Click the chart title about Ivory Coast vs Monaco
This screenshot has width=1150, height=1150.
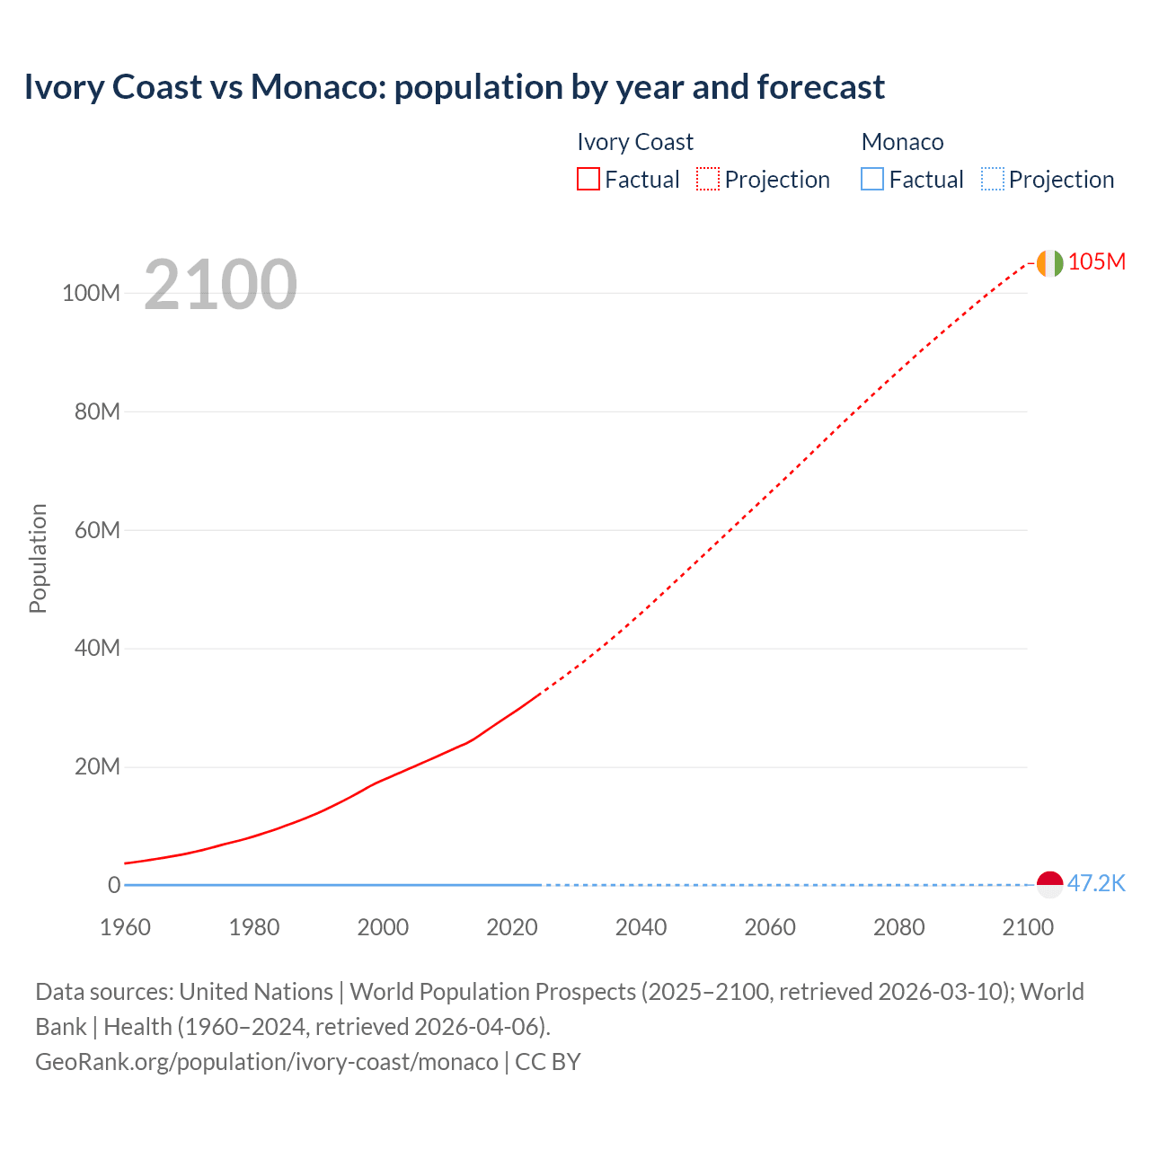tap(454, 87)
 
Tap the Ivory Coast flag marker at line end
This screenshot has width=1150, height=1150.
tap(1049, 263)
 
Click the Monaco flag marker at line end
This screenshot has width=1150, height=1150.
tap(1049, 884)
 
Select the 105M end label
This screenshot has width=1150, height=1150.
tap(1096, 261)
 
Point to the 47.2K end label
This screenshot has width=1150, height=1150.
tap(1096, 883)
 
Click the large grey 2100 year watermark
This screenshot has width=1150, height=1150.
tap(220, 285)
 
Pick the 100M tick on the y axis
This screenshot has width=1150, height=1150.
tap(91, 293)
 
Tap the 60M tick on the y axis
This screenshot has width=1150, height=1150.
tap(96, 530)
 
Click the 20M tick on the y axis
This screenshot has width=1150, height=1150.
tap(96, 766)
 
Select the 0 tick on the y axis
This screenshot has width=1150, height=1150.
tap(113, 885)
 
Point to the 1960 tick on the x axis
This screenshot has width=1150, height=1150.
tap(125, 927)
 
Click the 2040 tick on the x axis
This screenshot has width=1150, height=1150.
tap(641, 927)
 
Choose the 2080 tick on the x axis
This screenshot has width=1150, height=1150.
tap(898, 927)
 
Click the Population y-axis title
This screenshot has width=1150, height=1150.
tap(38, 558)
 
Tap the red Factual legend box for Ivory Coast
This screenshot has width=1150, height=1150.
tap(588, 180)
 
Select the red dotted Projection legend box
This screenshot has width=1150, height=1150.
tap(708, 180)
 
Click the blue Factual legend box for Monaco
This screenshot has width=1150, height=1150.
tap(872, 180)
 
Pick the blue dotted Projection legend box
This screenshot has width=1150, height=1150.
tap(993, 180)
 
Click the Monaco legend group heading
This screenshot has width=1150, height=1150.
tap(902, 142)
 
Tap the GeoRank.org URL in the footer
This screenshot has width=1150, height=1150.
tap(266, 1062)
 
